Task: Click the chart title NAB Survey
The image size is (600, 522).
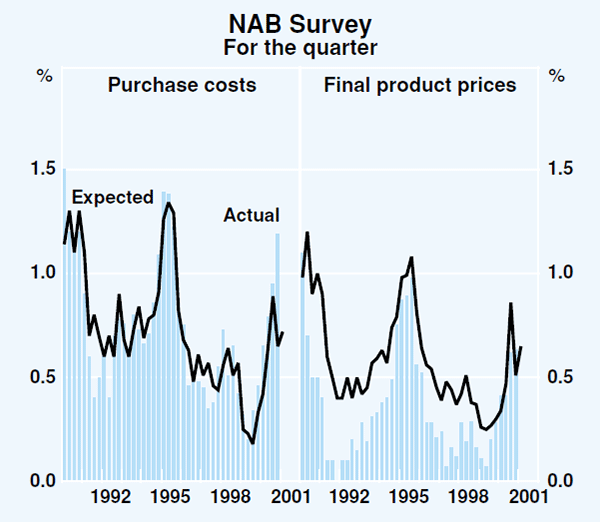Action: tap(300, 21)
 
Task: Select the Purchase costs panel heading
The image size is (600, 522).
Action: tap(182, 85)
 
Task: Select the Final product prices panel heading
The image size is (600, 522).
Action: tap(420, 85)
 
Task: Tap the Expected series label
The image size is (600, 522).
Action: tap(111, 197)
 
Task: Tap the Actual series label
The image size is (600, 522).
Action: tap(251, 214)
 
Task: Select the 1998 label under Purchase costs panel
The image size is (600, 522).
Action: tap(230, 496)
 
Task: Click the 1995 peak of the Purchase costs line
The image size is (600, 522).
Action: tap(169, 203)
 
